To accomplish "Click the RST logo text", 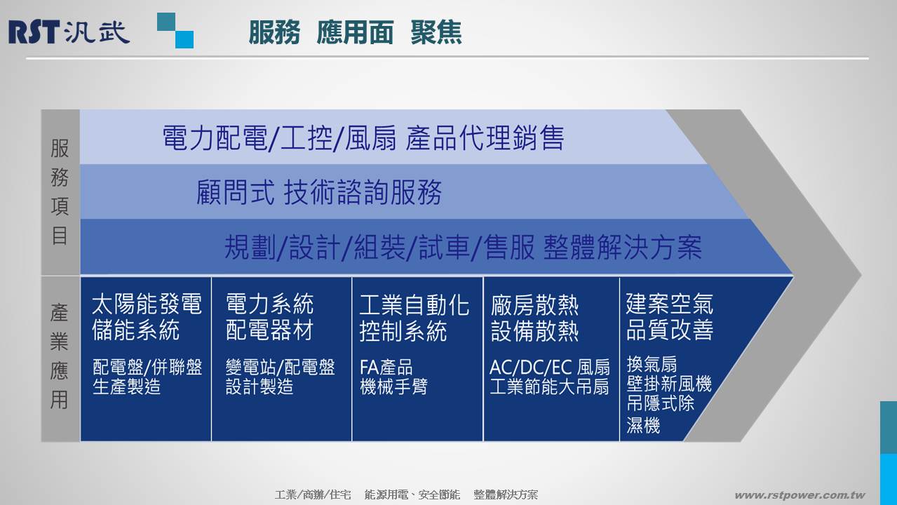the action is (x=34, y=32).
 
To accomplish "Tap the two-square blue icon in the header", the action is (x=175, y=30).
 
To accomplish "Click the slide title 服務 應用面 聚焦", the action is (x=355, y=32).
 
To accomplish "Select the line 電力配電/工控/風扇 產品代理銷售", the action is (x=363, y=137).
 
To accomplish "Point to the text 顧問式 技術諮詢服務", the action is (x=319, y=192).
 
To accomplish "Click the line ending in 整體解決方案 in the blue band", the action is (x=463, y=247).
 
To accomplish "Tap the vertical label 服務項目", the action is (x=60, y=191).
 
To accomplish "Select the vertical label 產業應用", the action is (x=60, y=356).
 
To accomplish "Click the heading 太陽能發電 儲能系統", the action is (x=147, y=317).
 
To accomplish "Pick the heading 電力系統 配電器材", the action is (x=269, y=317).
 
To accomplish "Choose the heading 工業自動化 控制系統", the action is (x=414, y=318).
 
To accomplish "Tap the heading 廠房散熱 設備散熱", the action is (x=534, y=318).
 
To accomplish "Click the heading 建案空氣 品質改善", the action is (x=670, y=316).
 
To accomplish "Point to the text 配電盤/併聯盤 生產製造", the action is (x=147, y=377).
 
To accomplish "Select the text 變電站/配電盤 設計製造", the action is (x=281, y=377).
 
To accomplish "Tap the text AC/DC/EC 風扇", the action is (x=549, y=368).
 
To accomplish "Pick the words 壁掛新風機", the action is (x=669, y=384).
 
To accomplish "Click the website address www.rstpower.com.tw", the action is (x=800, y=495).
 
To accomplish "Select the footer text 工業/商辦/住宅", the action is (x=313, y=495).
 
